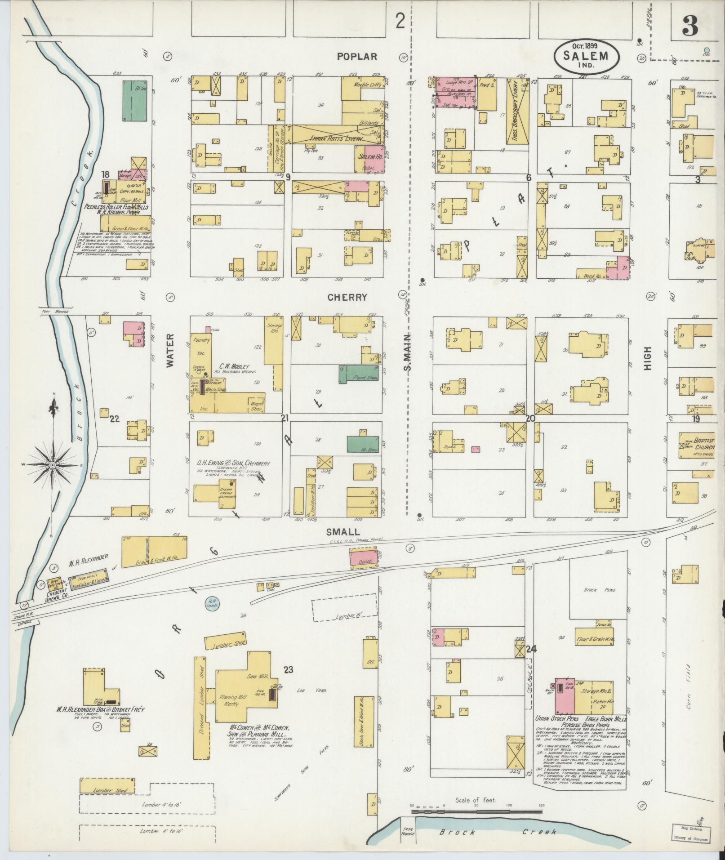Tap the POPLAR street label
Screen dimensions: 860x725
tap(356, 57)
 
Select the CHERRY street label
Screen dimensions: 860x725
tap(347, 297)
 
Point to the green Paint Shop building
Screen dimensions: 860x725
tap(359, 374)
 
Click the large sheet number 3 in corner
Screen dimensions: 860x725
tap(690, 27)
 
